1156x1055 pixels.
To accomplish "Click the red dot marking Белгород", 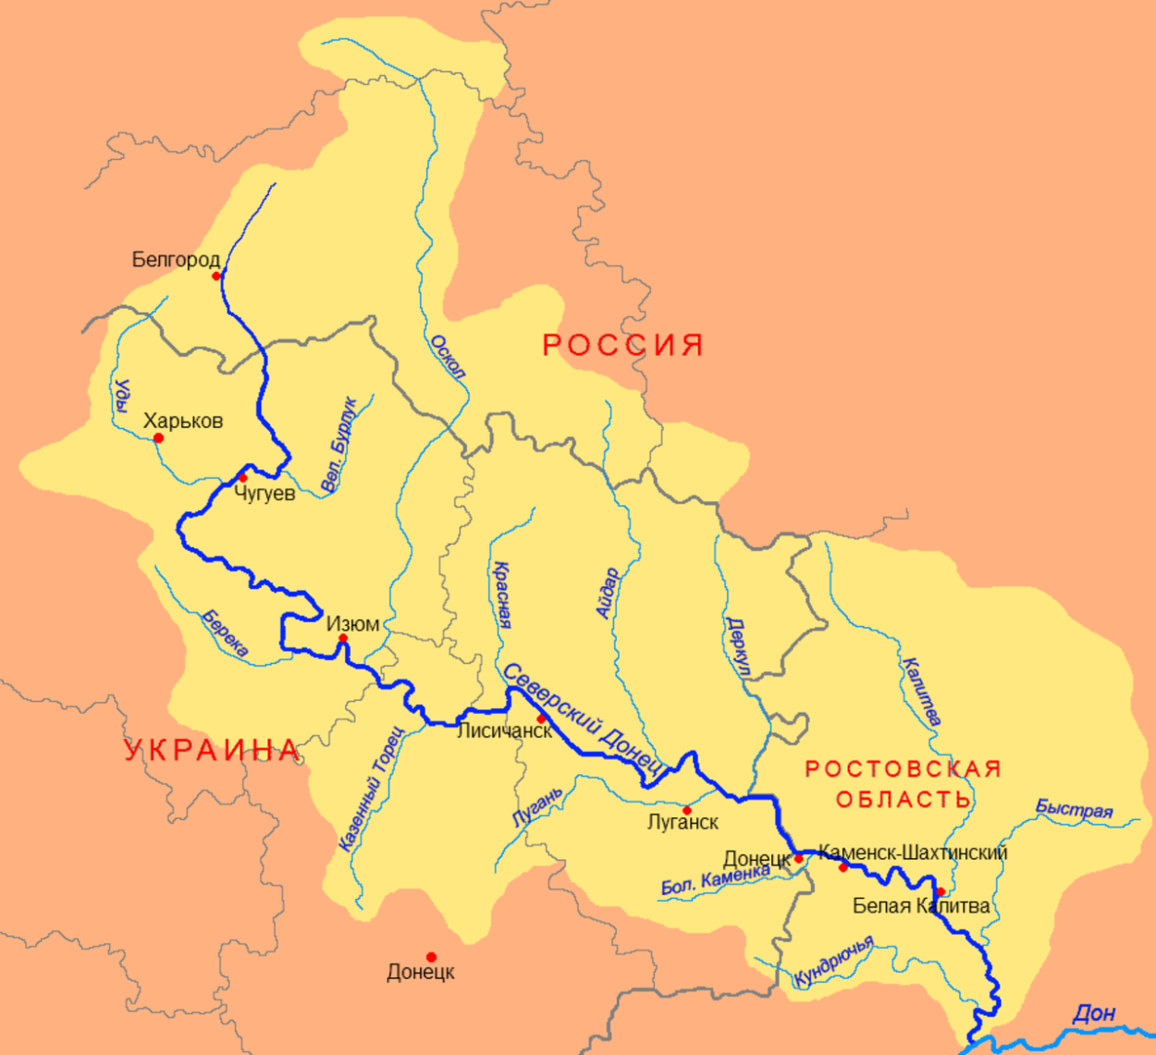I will [216, 276].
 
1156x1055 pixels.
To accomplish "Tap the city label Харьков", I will [183, 421].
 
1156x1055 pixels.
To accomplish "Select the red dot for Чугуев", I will [242, 478].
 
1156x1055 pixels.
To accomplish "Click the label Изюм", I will [352, 624].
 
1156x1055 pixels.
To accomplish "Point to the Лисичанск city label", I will [504, 730].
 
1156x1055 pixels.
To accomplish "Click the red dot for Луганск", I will [686, 810].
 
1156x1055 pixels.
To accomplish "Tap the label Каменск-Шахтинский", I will [913, 853].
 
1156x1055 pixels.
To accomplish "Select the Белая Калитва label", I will [920, 906].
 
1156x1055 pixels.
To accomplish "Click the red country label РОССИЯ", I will [622, 345].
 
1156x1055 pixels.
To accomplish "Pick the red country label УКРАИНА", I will [213, 750].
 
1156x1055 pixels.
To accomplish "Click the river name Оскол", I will [448, 357].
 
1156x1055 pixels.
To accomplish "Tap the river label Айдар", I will [607, 593].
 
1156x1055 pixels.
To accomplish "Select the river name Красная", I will [502, 595].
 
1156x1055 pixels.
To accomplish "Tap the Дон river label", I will [1093, 1013].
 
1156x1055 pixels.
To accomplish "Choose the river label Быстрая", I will [1073, 809].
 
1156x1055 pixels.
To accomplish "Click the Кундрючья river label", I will [833, 962].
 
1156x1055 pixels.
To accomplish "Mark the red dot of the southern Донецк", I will [431, 957].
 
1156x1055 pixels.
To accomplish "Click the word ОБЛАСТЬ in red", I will [903, 799].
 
